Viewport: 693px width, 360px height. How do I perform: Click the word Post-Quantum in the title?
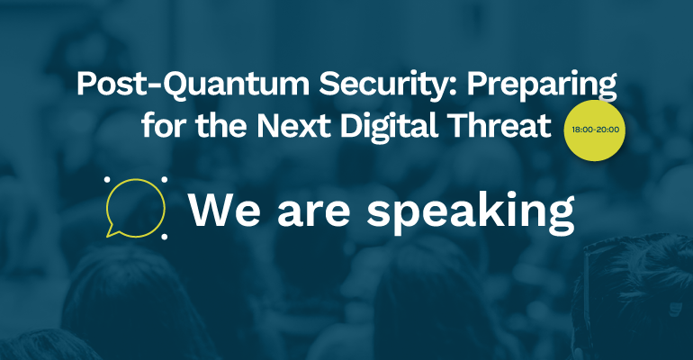tap(193, 84)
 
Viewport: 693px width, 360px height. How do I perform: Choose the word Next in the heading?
tap(293, 125)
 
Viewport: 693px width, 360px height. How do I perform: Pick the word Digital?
tap(389, 127)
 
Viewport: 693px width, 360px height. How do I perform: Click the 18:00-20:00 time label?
tap(595, 130)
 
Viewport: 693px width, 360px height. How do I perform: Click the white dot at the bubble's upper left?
tap(107, 179)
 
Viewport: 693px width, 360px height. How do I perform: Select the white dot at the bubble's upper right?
tap(165, 179)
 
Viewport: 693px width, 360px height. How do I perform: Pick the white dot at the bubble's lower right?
tap(165, 237)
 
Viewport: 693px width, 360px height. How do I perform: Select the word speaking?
tap(470, 213)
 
